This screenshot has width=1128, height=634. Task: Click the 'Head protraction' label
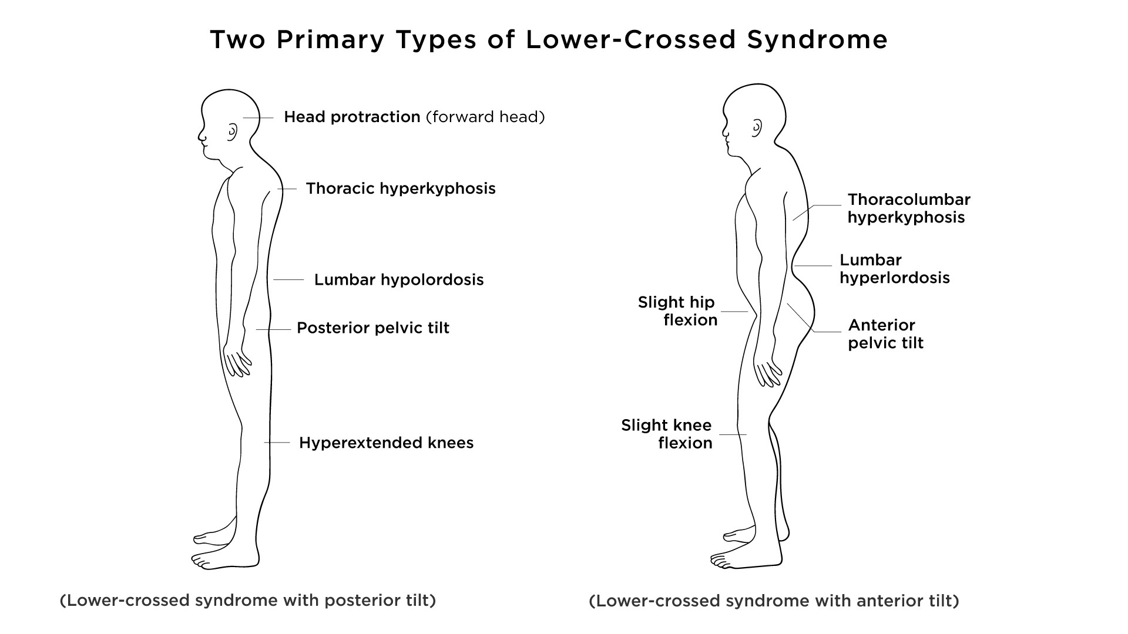point(352,117)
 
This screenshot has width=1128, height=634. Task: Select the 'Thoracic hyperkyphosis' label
point(401,189)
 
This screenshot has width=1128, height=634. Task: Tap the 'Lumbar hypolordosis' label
point(399,280)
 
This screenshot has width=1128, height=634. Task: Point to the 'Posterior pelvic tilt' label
point(373,328)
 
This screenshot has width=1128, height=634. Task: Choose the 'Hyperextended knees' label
point(386,443)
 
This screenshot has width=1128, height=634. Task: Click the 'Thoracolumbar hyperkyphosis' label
point(908,208)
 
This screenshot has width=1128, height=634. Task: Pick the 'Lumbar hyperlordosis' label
point(894,269)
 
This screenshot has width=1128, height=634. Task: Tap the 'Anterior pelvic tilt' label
point(885,334)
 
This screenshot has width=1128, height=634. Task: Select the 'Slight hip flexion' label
point(677,311)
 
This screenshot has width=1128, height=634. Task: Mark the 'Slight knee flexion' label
point(667,434)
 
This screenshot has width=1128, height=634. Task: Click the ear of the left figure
point(233,131)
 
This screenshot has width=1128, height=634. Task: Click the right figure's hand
point(768,373)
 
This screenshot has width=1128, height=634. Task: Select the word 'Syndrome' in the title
point(817,40)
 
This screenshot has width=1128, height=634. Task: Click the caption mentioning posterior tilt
point(248,601)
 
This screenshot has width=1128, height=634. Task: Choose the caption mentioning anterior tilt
point(774,602)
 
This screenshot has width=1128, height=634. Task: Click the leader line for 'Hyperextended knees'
point(277,442)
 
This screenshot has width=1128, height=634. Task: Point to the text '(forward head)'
point(485,117)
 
